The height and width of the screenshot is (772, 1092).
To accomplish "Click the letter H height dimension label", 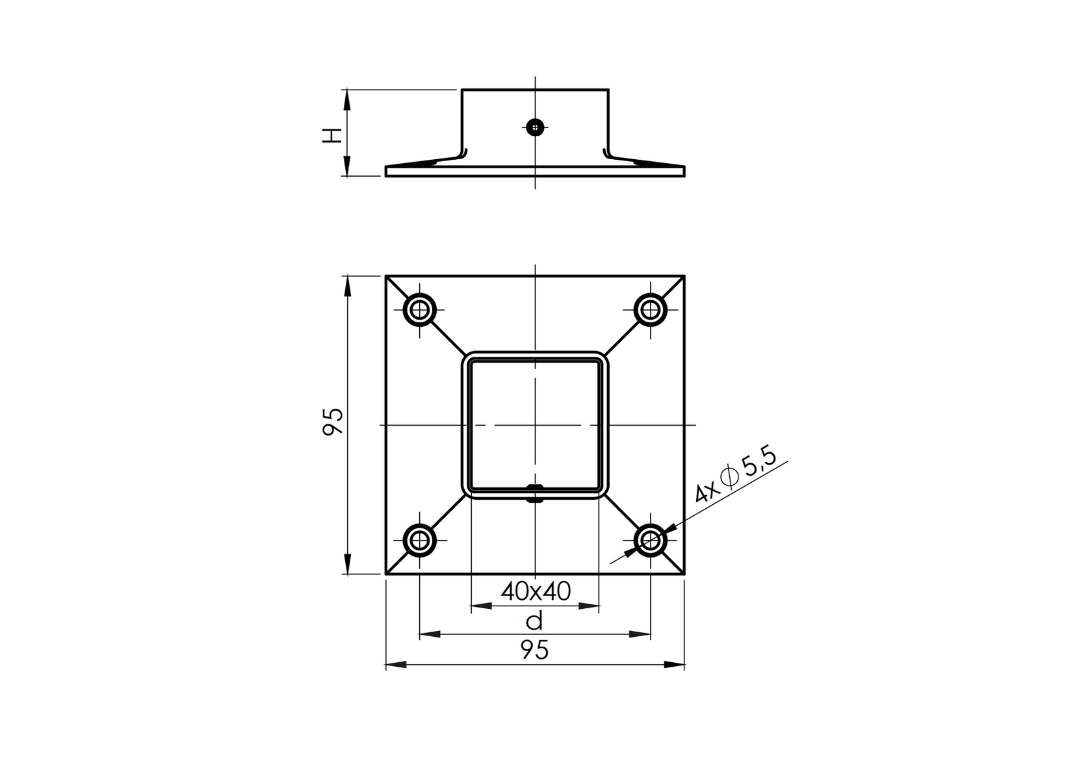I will (x=332, y=135).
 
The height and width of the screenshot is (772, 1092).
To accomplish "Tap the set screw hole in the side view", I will (x=535, y=127).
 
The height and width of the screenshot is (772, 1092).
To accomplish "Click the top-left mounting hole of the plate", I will (x=420, y=309).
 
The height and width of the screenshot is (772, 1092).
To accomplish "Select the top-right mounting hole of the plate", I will (x=650, y=309).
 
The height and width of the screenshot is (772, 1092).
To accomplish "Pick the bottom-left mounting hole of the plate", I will (x=420, y=540).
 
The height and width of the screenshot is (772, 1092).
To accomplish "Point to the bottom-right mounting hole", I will (x=650, y=540).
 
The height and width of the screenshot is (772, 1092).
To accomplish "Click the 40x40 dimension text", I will (x=536, y=591).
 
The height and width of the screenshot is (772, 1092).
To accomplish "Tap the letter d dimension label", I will (x=534, y=622).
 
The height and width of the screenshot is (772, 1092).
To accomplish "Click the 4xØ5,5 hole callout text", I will (x=736, y=477).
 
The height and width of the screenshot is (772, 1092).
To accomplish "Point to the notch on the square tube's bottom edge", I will (x=535, y=494).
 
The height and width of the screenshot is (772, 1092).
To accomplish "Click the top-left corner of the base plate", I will (x=386, y=276).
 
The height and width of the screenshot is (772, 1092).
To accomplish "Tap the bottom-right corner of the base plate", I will (x=684, y=574).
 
